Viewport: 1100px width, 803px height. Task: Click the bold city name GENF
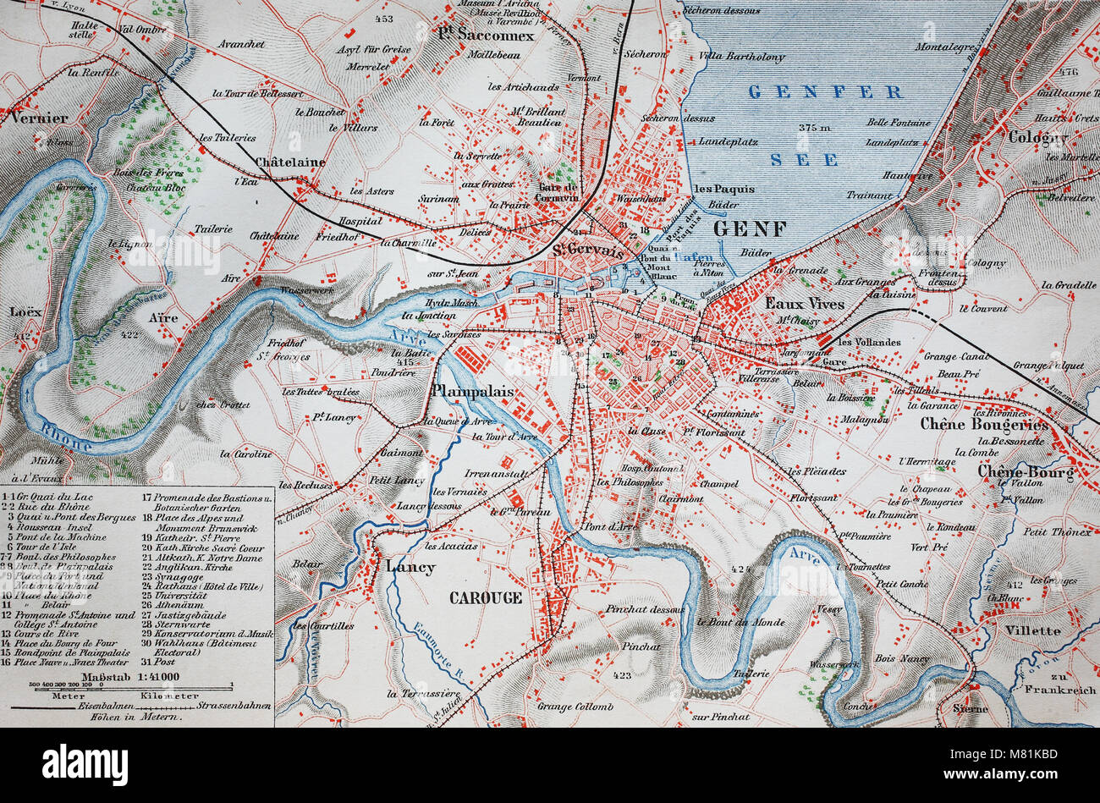point(750,228)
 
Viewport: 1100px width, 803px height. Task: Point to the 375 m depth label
point(816,127)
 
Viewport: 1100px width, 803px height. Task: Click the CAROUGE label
point(485,597)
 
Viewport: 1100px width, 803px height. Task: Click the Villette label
point(1032,630)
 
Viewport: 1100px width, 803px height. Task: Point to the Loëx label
point(25,311)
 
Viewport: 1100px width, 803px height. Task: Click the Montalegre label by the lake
point(944,47)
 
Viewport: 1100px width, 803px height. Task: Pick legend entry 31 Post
point(161,662)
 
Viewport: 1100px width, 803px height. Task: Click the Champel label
point(719,484)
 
